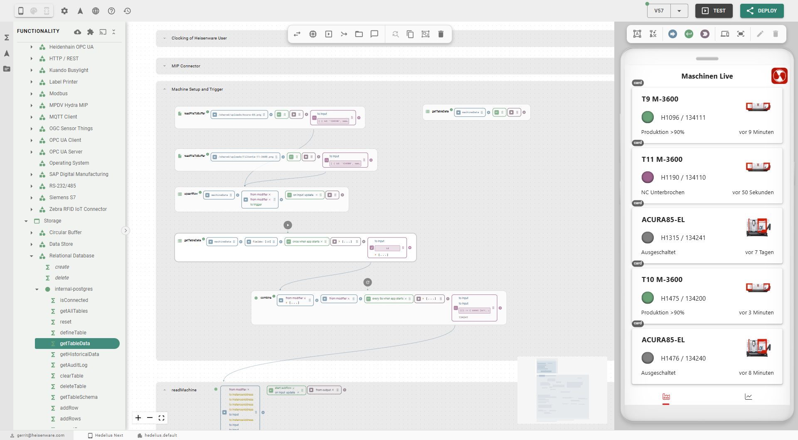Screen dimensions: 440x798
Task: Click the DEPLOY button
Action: (761, 11)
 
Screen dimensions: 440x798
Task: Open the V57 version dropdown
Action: (679, 11)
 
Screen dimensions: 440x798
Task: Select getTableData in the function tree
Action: (75, 344)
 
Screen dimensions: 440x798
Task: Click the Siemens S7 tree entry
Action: (62, 198)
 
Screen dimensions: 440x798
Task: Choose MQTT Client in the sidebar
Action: (63, 117)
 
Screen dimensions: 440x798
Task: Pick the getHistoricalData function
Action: (79, 354)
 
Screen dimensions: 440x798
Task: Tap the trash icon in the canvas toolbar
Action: (441, 34)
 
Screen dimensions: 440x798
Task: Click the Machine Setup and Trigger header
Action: (197, 89)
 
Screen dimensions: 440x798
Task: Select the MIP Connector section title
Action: (186, 66)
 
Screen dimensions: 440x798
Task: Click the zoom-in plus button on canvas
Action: (138, 418)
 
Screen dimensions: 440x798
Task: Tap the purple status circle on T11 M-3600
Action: (648, 178)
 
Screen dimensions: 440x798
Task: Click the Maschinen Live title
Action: (707, 76)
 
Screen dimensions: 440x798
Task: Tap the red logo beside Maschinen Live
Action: (779, 76)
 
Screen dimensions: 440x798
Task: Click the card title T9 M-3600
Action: (660, 99)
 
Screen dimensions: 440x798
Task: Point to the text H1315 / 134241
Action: (683, 238)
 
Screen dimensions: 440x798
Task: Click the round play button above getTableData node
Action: (288, 225)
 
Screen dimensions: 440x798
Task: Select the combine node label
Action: (266, 298)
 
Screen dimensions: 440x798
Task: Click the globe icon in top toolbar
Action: (96, 11)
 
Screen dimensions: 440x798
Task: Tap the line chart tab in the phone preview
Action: (748, 397)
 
